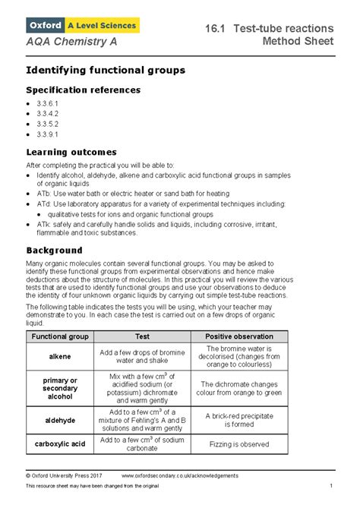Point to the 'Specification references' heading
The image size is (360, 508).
pyautogui.click(x=84, y=90)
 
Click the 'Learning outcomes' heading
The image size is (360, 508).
pyautogui.click(x=71, y=153)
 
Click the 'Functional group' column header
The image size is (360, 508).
pyautogui.click(x=58, y=336)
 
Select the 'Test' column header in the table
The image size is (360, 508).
pyautogui.click(x=142, y=336)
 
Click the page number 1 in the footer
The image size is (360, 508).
pyautogui.click(x=331, y=486)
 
